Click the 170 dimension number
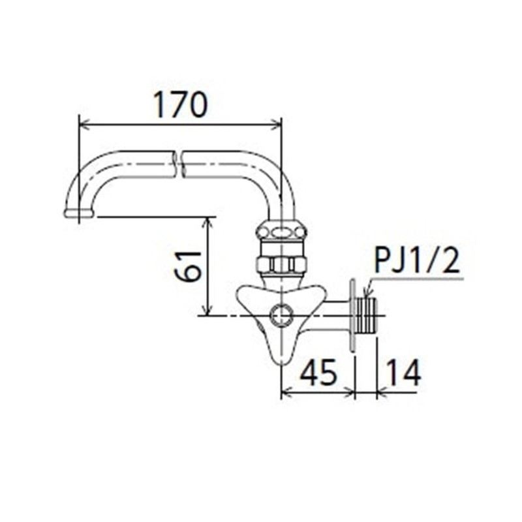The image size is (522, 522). coord(180,104)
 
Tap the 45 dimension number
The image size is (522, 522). coord(318,373)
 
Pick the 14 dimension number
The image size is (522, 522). coord(401,373)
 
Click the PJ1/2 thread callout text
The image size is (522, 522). coord(418,262)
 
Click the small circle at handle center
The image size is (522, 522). coord(281,316)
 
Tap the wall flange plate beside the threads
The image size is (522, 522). coord(354,316)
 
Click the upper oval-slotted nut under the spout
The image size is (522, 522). coord(281,231)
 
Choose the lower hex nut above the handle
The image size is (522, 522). coord(281,264)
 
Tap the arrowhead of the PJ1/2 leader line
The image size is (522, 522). coord(367,294)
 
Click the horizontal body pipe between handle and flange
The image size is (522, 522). coord(334,316)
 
